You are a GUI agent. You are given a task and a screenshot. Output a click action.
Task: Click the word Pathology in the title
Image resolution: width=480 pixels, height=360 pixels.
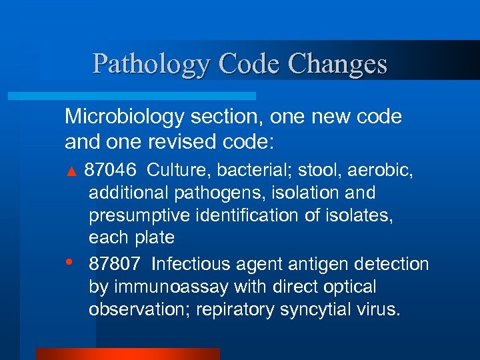151,64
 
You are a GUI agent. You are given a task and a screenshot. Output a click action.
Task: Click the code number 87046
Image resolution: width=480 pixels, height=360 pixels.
111,170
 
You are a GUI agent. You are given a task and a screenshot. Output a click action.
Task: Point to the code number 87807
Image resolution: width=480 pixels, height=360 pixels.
115,264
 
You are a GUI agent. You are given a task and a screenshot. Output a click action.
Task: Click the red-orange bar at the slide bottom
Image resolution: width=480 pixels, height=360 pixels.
127,354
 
